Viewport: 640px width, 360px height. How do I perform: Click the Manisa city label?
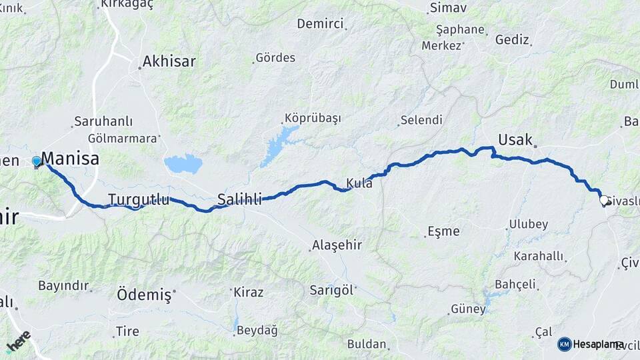pos(70,159)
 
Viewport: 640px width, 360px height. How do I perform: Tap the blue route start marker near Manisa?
pos(37,161)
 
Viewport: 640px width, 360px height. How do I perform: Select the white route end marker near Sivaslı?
pos(604,200)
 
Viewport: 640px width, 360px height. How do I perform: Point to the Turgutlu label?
pos(139,199)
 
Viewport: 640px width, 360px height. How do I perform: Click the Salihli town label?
pos(239,198)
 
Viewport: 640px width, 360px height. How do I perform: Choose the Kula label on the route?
pos(359,183)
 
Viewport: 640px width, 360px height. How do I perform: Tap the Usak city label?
pos(515,140)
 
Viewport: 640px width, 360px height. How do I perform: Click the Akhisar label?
pos(169,61)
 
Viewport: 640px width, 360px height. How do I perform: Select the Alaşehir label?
pos(337,245)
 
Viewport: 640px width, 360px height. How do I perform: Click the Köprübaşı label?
pos(313,118)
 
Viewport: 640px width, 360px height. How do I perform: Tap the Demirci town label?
pos(321,25)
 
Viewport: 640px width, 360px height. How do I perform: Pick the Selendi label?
pos(421,121)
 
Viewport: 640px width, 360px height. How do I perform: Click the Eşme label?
pos(443,231)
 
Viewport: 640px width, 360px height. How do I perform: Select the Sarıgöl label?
pos(333,289)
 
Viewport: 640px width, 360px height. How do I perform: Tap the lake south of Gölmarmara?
pos(183,163)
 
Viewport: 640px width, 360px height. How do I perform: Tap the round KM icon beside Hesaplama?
pos(565,344)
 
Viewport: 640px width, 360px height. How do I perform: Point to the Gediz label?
pos(512,40)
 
